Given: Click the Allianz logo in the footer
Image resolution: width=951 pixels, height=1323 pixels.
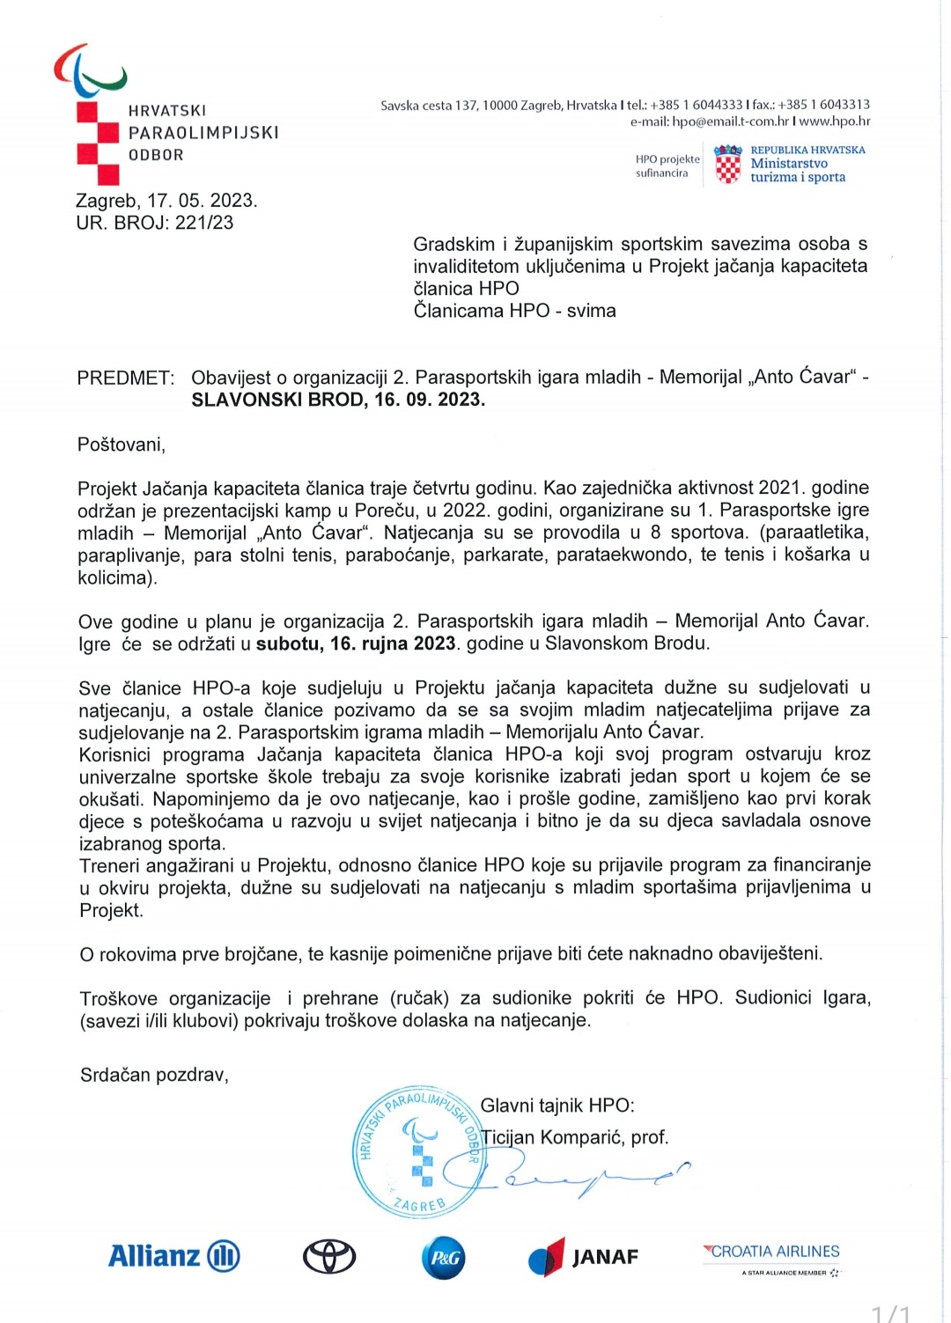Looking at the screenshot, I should coord(173,1256).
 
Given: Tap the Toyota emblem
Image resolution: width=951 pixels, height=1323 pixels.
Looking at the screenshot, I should coord(329,1257).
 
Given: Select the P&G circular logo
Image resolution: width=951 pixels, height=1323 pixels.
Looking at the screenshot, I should coord(443,1258).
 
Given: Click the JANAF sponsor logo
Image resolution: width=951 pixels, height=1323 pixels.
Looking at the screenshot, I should coord(583,1257).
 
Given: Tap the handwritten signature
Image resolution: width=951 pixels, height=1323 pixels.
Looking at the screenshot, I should coord(581,1178).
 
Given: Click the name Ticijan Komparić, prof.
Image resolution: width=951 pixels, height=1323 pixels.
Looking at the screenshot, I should coord(575,1137).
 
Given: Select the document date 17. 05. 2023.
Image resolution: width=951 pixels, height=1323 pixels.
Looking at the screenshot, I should coord(203,201).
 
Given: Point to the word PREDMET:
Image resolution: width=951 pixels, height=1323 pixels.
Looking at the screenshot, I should coord(126,378).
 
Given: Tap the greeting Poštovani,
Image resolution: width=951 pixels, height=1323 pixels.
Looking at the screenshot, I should coord(122,445).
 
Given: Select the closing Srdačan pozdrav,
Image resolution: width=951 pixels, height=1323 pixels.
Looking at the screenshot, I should coord(154,1075).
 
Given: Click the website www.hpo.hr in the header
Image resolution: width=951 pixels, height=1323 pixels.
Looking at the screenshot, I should coord(835,121).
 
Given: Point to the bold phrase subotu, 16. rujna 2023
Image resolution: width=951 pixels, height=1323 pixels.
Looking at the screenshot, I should coord(356,643).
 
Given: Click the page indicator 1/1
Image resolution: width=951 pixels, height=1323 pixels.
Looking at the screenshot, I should coord(890,1313).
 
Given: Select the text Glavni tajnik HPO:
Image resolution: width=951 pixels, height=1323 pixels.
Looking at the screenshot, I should coord(557,1106).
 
